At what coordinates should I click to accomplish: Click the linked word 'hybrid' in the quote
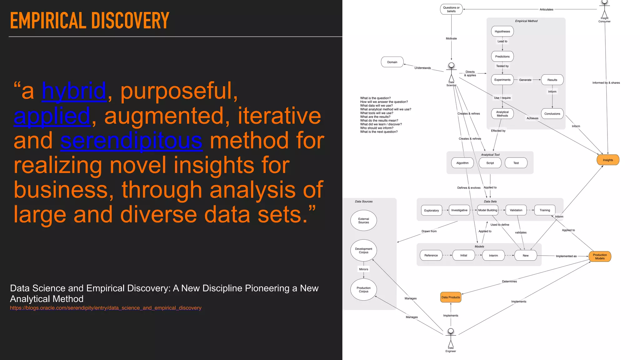pyautogui.click(x=74, y=91)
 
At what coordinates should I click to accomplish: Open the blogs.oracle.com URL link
pyautogui.click(x=106, y=308)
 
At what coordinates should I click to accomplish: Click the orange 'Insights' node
pyautogui.click(x=607, y=160)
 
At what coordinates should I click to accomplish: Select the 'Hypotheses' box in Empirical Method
pyautogui.click(x=502, y=32)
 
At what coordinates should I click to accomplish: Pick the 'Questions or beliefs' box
pyautogui.click(x=451, y=9)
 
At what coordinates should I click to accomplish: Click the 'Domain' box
pyautogui.click(x=392, y=62)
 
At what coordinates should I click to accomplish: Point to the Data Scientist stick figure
pyautogui.click(x=451, y=73)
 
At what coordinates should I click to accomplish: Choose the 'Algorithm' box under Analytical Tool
pyautogui.click(x=462, y=163)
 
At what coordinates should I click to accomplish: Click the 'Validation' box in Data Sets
pyautogui.click(x=516, y=210)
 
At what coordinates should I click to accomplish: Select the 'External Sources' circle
pyautogui.click(x=363, y=221)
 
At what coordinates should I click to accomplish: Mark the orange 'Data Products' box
pyautogui.click(x=451, y=297)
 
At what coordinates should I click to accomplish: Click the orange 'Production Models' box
pyautogui.click(x=600, y=257)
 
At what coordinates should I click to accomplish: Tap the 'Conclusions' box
pyautogui.click(x=552, y=114)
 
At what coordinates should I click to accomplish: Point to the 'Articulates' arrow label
pyautogui.click(x=546, y=10)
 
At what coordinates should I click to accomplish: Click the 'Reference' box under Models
pyautogui.click(x=431, y=256)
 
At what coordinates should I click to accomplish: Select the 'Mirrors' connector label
pyautogui.click(x=363, y=269)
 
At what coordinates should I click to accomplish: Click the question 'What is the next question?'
pyautogui.click(x=379, y=132)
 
